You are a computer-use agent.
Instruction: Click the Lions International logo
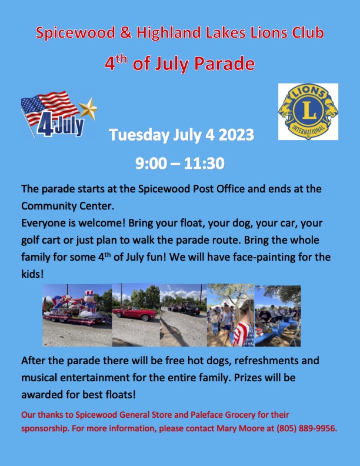pyautogui.click(x=308, y=111)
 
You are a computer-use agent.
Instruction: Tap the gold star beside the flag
pyautogui.click(x=88, y=108)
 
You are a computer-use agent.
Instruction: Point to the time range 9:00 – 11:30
pyautogui.click(x=179, y=163)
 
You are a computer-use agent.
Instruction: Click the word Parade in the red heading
pyautogui.click(x=225, y=64)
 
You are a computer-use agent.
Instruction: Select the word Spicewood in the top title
pyautogui.click(x=75, y=33)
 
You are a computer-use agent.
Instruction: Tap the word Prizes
pyautogui.click(x=248, y=377)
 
